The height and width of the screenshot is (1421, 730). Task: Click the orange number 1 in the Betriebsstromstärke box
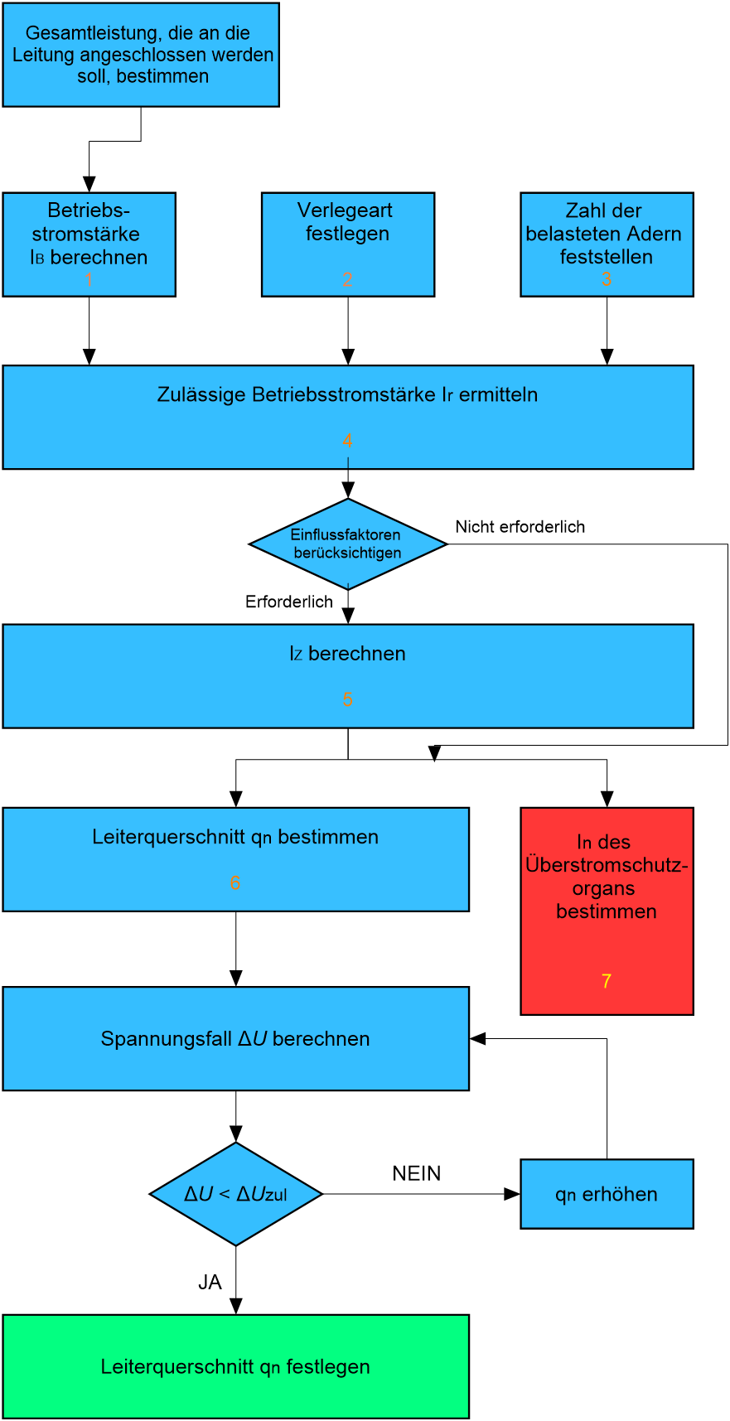click(x=89, y=280)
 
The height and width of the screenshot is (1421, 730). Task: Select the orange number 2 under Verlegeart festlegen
click(x=348, y=280)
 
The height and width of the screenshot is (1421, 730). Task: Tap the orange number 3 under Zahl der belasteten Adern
click(x=607, y=280)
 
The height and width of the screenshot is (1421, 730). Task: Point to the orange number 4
click(x=348, y=441)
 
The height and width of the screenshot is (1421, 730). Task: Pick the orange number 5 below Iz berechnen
click(x=348, y=699)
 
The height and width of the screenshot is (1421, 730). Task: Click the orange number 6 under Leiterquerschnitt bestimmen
click(x=235, y=883)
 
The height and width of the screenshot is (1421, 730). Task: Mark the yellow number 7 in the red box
click(x=607, y=981)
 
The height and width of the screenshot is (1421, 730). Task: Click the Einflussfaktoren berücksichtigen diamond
click(x=348, y=544)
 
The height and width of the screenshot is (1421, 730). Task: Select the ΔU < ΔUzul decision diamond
click(x=236, y=1194)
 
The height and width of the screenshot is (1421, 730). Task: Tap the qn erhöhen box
click(x=607, y=1194)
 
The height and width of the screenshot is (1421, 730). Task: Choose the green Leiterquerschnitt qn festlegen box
click(x=235, y=1366)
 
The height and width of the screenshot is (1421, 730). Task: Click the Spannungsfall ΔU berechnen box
click(x=235, y=1038)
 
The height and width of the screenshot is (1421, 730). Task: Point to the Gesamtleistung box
click(x=141, y=55)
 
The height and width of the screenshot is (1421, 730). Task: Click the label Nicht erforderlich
click(x=520, y=527)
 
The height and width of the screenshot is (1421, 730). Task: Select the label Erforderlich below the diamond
click(x=289, y=602)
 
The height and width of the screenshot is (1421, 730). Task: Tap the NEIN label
click(x=417, y=1173)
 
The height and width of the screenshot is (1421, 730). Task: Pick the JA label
click(x=210, y=1283)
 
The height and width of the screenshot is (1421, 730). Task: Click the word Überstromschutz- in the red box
click(x=607, y=865)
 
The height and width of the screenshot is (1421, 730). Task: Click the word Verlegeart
click(x=345, y=210)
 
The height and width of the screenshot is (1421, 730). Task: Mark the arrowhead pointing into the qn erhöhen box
click(x=513, y=1194)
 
